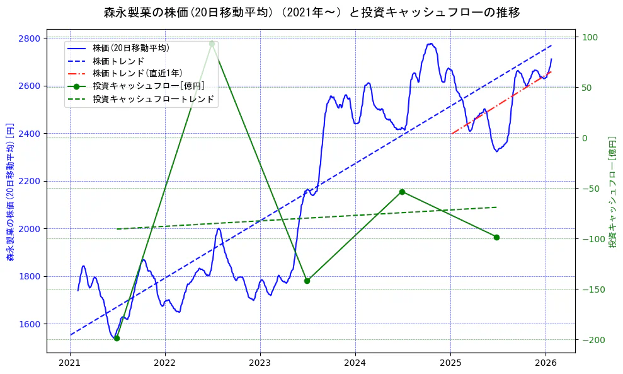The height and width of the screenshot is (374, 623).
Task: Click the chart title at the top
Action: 312,12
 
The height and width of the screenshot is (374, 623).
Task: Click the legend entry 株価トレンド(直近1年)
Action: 137,73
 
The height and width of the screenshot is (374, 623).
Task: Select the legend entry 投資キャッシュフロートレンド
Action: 153,99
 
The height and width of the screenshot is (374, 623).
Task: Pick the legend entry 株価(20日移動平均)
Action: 130,47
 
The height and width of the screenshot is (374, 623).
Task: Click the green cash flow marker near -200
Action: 117,339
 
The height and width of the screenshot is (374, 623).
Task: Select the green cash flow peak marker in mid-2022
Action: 212,44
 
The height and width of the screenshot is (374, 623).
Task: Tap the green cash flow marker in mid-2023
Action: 307,281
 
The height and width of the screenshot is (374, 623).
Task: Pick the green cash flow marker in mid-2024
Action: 402,192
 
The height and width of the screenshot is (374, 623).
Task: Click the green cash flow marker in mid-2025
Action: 496,237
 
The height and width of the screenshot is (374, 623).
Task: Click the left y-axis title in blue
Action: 9,192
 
